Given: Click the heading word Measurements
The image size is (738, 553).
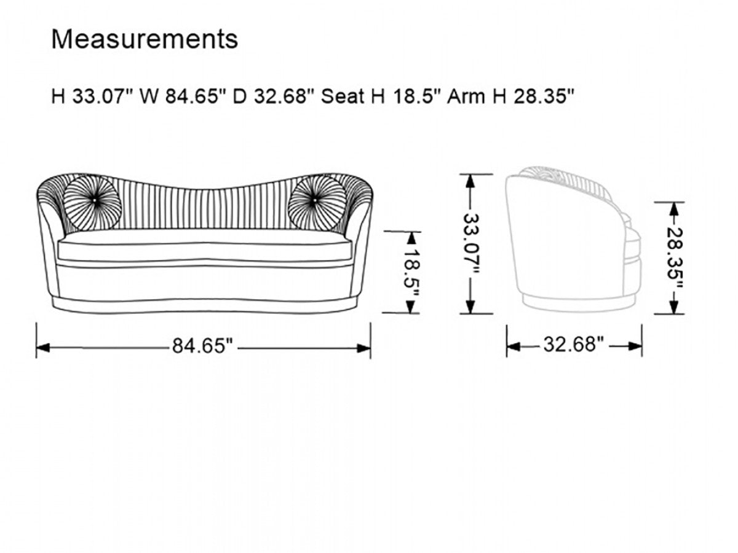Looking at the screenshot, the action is click(145, 39).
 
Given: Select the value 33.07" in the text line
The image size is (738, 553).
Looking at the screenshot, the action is click(102, 96).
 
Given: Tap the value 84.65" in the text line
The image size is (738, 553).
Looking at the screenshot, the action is click(195, 96).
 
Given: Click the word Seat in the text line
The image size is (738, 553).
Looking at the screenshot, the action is click(343, 96).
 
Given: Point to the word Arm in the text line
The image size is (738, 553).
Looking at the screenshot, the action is click(466, 96).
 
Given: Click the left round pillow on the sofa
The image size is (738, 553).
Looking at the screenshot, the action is click(92, 203).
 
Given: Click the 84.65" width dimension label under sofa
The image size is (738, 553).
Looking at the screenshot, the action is click(202, 346).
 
